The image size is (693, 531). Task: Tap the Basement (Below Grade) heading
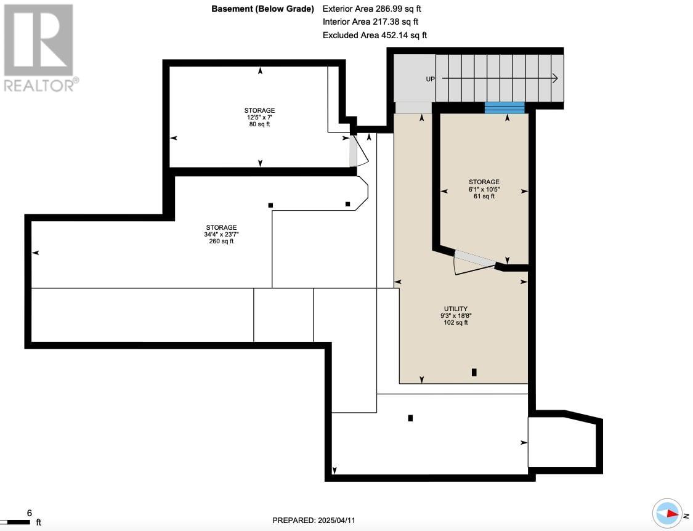coord(262,9)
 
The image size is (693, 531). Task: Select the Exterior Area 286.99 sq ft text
coord(371,9)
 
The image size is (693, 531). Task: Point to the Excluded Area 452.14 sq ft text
coord(375,35)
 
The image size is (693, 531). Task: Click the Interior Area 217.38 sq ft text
coord(370,22)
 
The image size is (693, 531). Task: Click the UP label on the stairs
coord(430,79)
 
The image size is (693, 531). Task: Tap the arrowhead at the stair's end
coord(554,78)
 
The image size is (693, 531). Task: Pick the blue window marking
coord(505,108)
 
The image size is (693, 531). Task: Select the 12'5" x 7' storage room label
coord(259,117)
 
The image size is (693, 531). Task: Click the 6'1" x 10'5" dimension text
coord(484,189)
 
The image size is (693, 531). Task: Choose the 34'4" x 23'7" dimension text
coord(221,234)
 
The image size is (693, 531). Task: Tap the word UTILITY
coord(456,309)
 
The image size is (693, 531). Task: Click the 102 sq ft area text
coord(456,323)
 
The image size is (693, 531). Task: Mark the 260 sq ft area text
coord(221,241)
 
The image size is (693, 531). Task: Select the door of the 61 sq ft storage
coord(474,259)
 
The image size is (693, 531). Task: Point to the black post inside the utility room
coord(474,372)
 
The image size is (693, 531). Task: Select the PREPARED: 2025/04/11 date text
coord(314,521)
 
